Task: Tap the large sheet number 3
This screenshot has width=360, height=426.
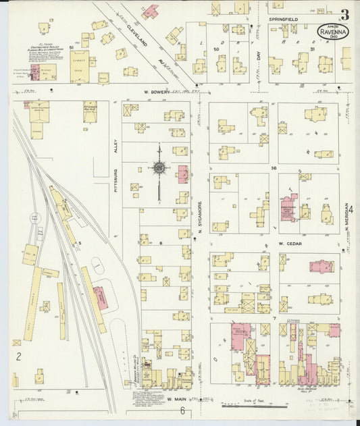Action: point(344,14)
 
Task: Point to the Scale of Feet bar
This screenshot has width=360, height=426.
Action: point(257,406)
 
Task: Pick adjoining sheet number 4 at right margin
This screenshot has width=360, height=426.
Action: point(351,217)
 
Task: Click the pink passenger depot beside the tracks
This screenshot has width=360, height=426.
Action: point(99,297)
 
